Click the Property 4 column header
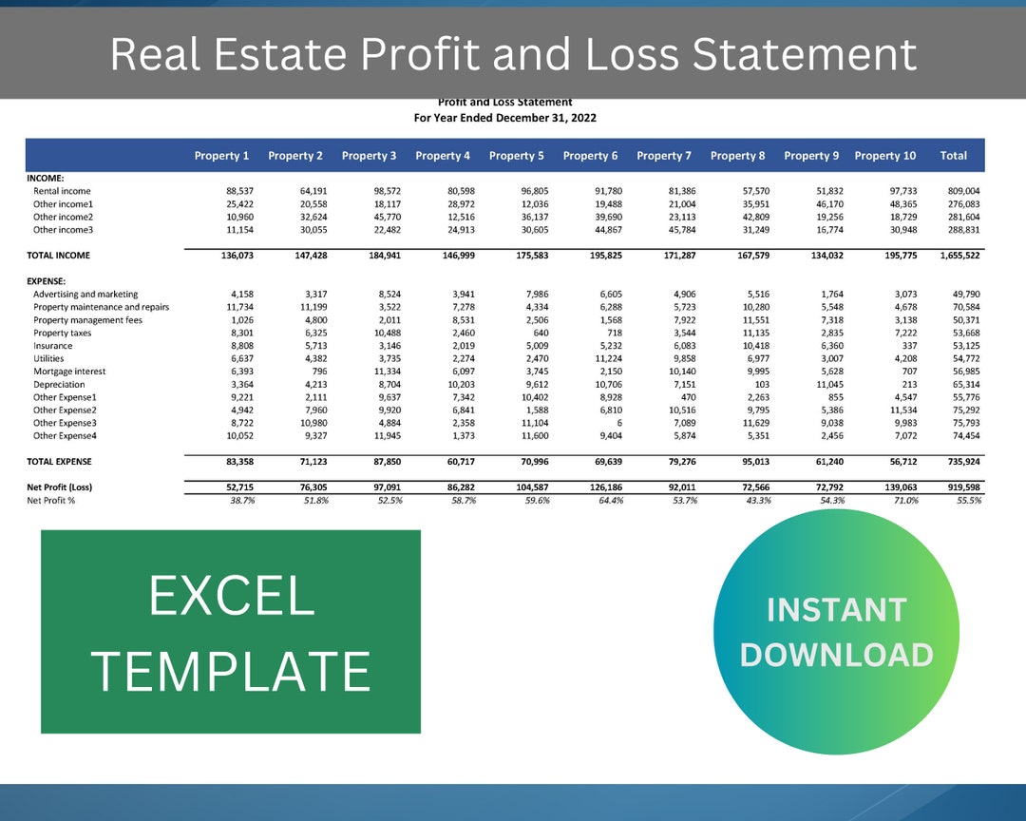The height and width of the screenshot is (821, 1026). [x=443, y=156]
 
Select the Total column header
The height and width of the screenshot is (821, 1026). [x=953, y=156]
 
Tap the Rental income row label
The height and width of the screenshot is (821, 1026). [x=62, y=191]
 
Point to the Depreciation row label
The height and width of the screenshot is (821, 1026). [x=59, y=384]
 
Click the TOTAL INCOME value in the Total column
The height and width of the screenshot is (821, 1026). [x=959, y=256]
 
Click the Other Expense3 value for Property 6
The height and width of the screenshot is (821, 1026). [x=617, y=423]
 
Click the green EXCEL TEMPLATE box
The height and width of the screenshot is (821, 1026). [x=230, y=632]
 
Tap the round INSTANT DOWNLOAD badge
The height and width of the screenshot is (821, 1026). [x=836, y=632]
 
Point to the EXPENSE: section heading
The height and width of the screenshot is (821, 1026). [x=47, y=282]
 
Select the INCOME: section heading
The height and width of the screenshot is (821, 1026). [x=45, y=178]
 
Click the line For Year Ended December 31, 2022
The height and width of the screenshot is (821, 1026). [x=504, y=118]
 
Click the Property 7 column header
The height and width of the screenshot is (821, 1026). [x=664, y=156]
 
